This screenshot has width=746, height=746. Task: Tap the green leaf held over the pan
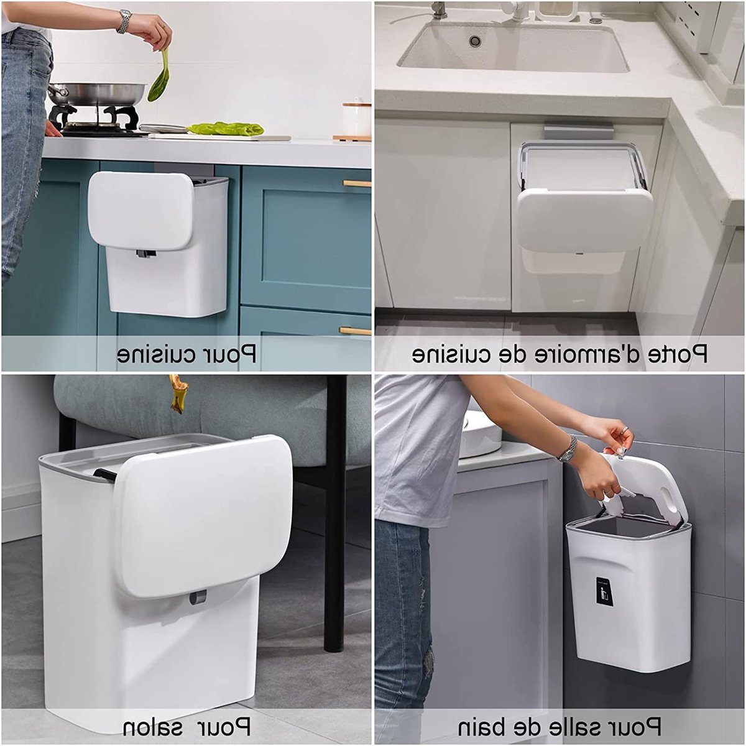coord(159,77)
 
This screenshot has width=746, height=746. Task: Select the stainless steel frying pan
coord(96,93)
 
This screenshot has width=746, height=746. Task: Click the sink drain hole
coord(474,40)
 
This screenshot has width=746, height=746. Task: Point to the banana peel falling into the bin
coord(177,394)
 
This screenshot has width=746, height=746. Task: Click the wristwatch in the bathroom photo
coord(568,449)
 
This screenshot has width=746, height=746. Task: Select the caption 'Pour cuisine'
coord(186,354)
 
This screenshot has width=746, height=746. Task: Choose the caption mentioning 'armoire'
coord(559,354)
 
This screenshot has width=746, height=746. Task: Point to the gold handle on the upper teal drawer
coord(357,183)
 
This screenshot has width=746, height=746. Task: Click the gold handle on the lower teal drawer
coord(355,331)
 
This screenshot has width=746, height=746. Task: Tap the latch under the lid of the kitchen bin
coord(145,254)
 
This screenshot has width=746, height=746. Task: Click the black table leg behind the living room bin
coord(334,511)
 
